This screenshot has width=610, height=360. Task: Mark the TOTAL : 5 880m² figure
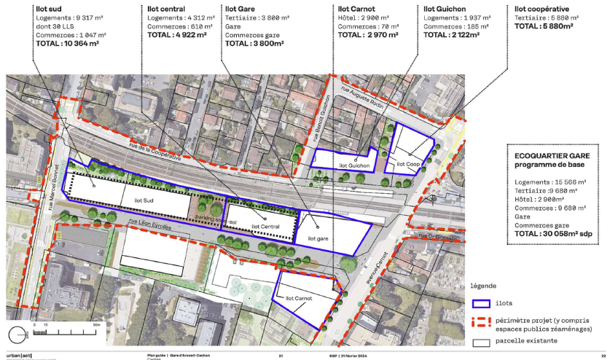pos(544,26)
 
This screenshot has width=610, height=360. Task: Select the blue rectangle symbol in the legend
pos(481,303)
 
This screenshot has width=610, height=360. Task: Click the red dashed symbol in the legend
pos(481,324)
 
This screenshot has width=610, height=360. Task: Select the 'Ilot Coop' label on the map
pos(407,165)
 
